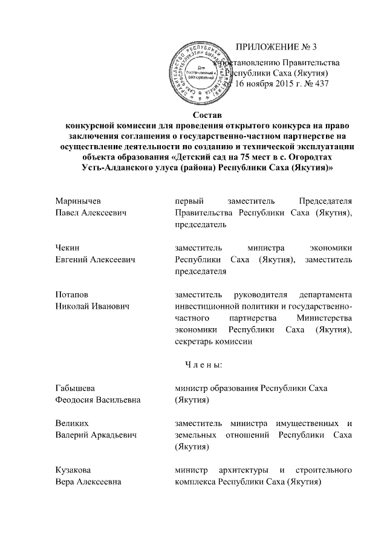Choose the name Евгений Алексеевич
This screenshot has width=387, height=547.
click(95, 259)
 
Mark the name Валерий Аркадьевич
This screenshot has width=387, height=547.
click(95, 435)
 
